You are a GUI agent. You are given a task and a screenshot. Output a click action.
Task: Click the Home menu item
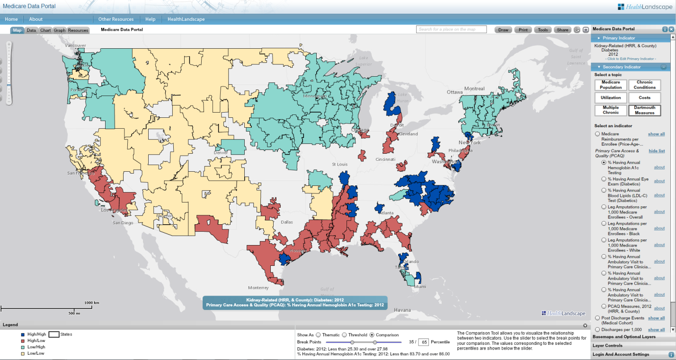coord(11,19)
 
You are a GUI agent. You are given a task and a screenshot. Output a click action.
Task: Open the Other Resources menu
coord(116,19)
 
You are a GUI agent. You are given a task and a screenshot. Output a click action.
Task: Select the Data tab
coord(31,30)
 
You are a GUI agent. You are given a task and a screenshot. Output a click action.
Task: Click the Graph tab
coord(60,30)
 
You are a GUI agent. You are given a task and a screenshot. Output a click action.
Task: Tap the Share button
coord(562,30)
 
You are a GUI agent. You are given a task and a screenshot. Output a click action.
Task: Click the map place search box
coord(451,29)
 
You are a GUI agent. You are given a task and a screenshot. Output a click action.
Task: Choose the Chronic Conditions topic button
coord(645,85)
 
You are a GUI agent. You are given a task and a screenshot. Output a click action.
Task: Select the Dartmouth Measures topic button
coord(645,110)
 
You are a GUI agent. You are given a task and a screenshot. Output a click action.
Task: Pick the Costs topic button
coord(645,97)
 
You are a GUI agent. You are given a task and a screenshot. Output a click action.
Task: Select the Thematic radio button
coord(318,335)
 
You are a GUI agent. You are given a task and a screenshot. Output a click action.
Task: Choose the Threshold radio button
coord(345,335)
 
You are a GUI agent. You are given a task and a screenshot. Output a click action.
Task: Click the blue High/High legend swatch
coord(24,334)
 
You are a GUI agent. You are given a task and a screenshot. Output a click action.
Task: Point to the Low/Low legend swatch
coord(24,353)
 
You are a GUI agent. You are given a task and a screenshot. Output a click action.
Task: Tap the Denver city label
coord(221,153)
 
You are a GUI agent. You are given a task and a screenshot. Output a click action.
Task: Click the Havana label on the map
coord(402,310)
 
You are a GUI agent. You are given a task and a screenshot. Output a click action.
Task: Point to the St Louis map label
coord(340,165)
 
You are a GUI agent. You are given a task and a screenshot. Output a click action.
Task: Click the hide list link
coord(657,151)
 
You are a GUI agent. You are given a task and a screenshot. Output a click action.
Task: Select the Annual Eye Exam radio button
coord(604,179)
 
